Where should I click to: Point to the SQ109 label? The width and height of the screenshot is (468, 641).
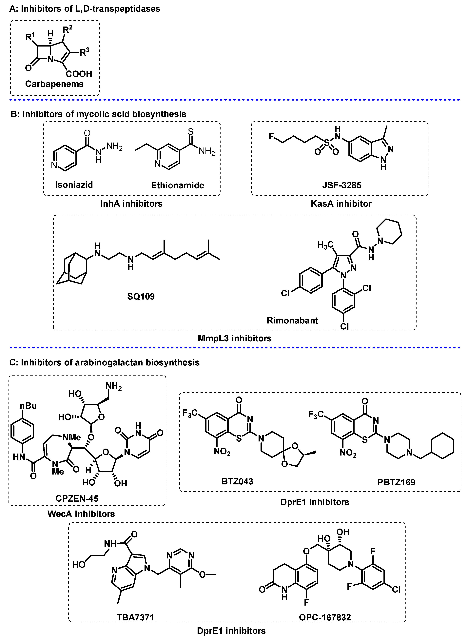coord(141,297)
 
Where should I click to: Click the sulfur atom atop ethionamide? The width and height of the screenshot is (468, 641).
coord(191,132)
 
